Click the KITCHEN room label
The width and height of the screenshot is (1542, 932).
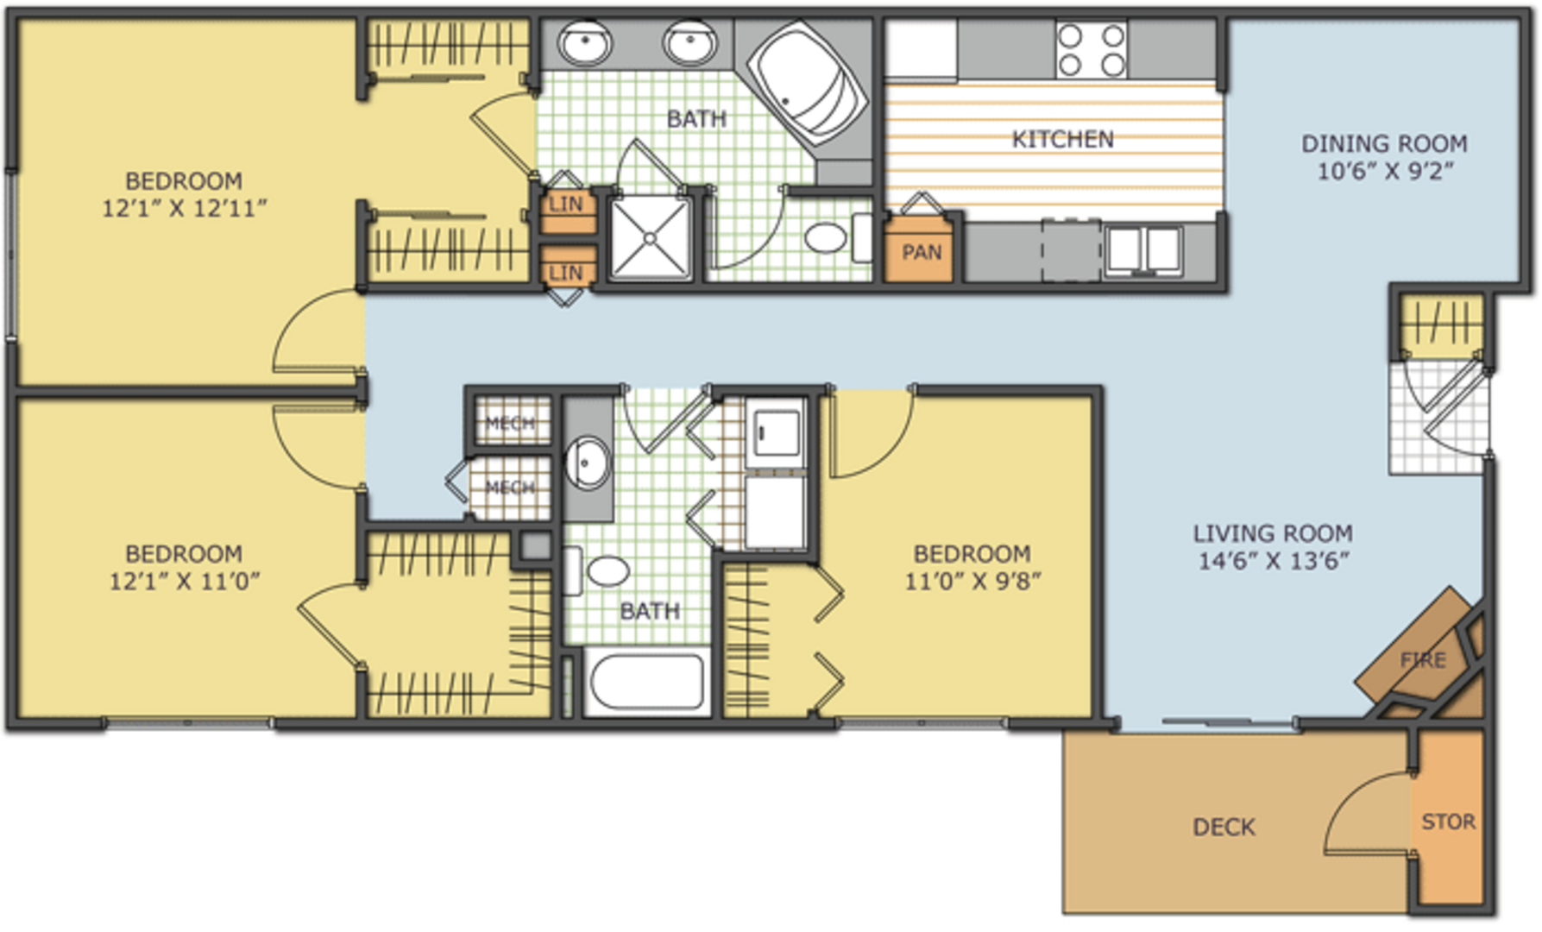click(1062, 139)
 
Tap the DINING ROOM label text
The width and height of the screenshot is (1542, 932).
click(1384, 143)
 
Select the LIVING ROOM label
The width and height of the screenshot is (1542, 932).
click(1273, 533)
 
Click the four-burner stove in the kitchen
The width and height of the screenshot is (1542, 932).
click(1092, 50)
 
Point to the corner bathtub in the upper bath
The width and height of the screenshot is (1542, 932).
click(808, 84)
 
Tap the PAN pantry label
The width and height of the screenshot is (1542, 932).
click(921, 252)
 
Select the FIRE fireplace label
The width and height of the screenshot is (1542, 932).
click(1423, 660)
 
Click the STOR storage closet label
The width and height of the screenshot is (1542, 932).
click(1448, 822)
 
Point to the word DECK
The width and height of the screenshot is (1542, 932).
click(1224, 828)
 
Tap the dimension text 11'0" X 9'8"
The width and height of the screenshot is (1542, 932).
click(972, 581)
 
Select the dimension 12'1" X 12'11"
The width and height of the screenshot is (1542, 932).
click(184, 208)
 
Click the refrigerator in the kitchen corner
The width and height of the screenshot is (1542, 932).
click(922, 50)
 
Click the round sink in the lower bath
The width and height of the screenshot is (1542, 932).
click(588, 463)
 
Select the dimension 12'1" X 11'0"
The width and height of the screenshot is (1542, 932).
click(184, 581)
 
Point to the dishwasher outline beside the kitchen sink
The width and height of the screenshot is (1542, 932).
click(1071, 250)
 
